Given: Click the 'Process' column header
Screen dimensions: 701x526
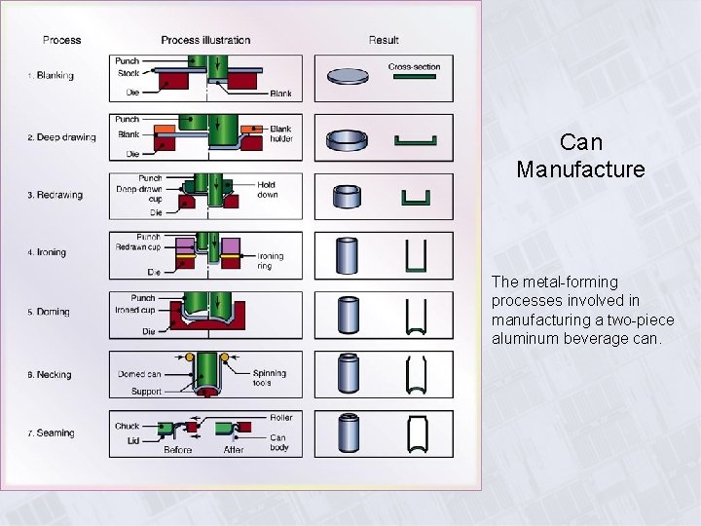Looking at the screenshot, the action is [x=61, y=40].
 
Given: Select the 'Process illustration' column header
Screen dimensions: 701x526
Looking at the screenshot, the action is [x=205, y=40].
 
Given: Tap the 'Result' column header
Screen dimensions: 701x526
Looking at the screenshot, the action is [x=384, y=40].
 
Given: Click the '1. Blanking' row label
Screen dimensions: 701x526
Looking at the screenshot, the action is [x=51, y=76].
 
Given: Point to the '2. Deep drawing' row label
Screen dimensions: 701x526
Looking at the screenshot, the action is [x=61, y=137].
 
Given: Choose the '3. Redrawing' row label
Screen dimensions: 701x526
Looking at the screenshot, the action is [x=55, y=195].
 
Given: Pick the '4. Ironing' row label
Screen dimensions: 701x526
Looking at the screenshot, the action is [x=47, y=252].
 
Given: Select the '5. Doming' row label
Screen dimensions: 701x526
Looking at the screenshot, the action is [x=49, y=312].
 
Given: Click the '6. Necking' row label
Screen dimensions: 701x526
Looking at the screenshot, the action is [x=49, y=375].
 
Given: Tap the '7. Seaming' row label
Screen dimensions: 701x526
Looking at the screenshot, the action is [x=51, y=433].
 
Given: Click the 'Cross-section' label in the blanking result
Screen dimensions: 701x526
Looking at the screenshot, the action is [x=414, y=67].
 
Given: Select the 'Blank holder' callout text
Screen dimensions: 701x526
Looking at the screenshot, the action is [x=280, y=134].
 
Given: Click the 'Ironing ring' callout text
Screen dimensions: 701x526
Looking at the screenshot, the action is [x=271, y=261].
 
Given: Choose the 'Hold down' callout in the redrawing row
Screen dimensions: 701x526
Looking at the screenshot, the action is [x=268, y=190].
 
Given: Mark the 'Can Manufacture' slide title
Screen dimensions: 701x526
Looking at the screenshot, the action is [x=581, y=156].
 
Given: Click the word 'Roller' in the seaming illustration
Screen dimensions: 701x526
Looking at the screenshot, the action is [x=280, y=418].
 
